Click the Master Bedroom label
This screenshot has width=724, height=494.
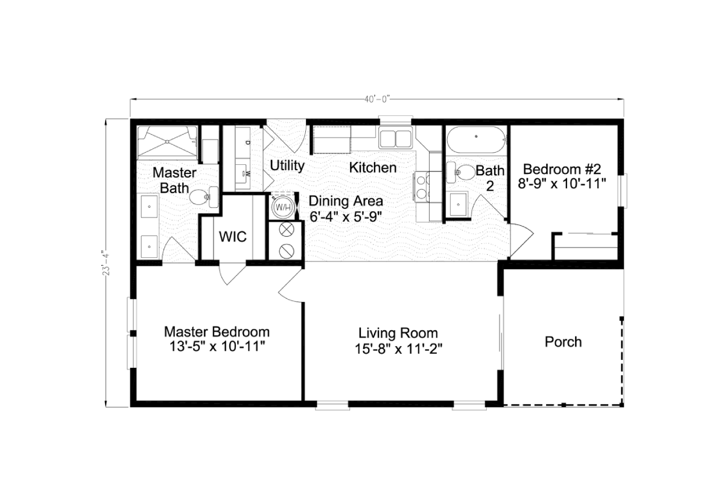coord(217,332)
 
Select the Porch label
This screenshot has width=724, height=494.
coord(563,342)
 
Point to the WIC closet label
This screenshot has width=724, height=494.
coord(232,236)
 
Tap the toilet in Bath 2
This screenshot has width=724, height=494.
coord(460,172)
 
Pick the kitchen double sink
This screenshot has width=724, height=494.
coord(395,138)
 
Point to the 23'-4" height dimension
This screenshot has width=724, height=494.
coord(107,262)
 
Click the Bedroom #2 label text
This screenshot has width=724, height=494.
coord(562,168)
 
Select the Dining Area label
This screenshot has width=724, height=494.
coord(346,201)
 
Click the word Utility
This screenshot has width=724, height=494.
coord(287,165)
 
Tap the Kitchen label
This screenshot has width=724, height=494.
coord(373,167)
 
